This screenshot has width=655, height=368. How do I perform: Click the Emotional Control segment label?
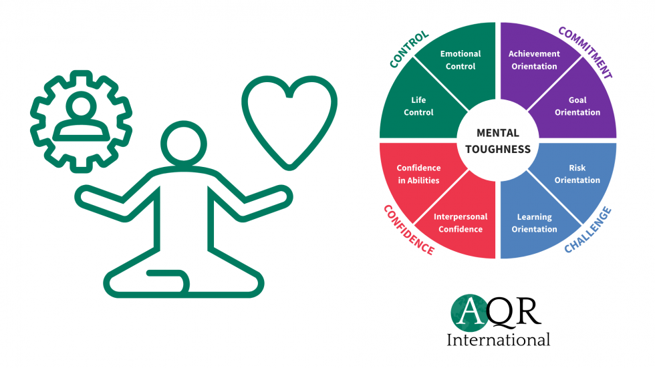(458, 60)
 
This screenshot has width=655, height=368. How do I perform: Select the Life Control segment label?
(418, 106)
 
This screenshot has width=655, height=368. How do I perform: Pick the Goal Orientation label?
(577, 106)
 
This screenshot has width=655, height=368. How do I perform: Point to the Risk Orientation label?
(577, 174)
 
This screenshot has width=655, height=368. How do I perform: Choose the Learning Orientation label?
(534, 223)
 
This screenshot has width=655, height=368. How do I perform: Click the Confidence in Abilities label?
(418, 174)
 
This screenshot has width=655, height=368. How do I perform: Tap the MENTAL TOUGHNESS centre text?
(498, 141)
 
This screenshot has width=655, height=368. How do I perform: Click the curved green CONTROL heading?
(409, 49)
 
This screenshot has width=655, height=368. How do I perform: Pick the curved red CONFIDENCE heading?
(408, 230)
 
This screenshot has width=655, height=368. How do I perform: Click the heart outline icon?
(289, 122)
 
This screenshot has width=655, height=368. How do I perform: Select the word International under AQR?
(498, 339)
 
